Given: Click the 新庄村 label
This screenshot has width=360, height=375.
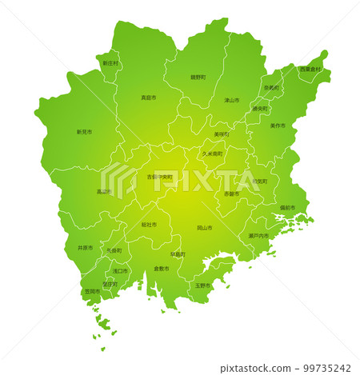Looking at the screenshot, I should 110,62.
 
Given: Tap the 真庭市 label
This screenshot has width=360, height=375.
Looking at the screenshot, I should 148,98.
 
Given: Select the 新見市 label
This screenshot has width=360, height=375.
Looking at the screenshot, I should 84,132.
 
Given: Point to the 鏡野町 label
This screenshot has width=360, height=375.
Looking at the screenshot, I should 198,77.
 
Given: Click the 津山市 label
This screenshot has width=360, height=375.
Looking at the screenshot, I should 231,101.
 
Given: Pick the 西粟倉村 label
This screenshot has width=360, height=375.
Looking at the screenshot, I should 310,70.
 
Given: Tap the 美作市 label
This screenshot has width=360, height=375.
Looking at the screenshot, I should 277,126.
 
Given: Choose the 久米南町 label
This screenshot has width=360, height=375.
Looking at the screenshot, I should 212,153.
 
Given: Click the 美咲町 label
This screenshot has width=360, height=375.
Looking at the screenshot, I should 222,134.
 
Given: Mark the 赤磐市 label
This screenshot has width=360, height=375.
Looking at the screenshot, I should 231,193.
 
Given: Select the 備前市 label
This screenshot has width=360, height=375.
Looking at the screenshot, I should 287,208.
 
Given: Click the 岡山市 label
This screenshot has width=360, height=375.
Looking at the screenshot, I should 205,228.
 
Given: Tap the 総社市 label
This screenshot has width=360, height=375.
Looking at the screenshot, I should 149,225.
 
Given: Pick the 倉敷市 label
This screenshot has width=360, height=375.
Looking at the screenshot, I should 161,269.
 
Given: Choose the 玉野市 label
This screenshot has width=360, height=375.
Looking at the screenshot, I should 202,285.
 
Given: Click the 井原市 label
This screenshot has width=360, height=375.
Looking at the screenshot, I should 85,248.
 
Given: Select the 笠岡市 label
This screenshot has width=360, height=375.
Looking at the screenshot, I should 92,292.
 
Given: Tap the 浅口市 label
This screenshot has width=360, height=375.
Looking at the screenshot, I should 120,271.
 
